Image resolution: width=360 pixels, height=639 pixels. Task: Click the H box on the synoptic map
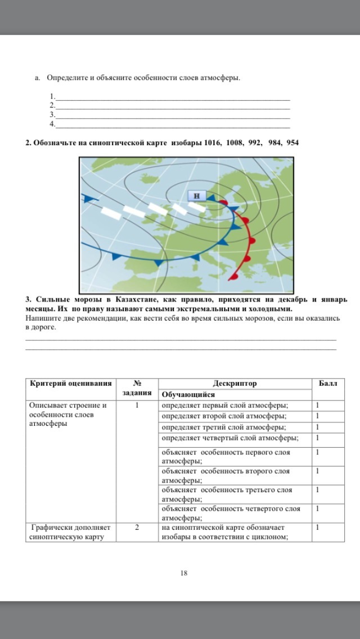point(196,196)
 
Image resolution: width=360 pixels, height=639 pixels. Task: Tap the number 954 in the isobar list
point(292,143)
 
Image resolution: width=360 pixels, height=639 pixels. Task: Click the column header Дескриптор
point(235,384)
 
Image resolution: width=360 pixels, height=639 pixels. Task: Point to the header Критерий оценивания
point(70,384)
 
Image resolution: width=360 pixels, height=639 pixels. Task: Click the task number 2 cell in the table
point(137,528)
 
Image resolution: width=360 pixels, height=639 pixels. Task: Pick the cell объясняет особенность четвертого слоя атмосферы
point(231,513)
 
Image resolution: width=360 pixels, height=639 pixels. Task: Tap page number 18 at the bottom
point(183,573)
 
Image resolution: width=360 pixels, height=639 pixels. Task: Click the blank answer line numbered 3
point(172,114)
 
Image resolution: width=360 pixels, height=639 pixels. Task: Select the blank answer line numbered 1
point(172,96)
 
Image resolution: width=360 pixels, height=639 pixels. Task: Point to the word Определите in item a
point(66,78)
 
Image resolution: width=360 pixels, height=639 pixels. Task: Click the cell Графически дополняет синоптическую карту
point(70,532)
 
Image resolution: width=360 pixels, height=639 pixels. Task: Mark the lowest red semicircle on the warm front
point(232,276)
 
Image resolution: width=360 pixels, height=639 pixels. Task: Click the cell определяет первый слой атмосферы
point(225,406)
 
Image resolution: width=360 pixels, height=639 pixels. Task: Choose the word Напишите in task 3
point(42,318)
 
